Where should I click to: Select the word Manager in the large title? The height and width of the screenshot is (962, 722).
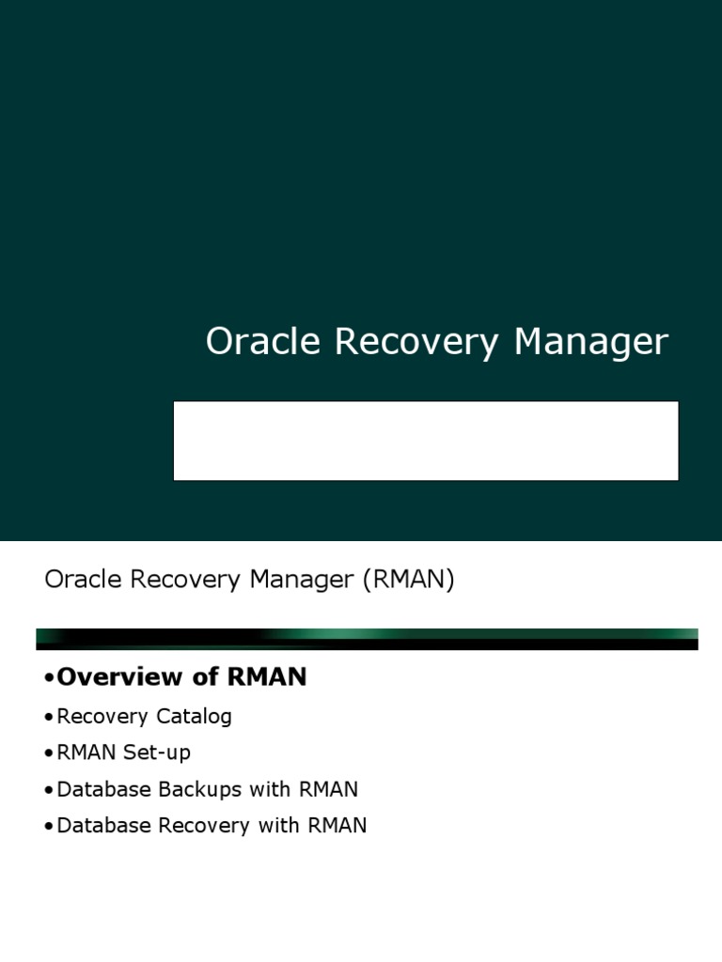590,342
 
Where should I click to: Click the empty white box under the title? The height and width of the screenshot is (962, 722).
426,441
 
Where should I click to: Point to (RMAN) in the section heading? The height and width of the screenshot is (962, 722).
407,580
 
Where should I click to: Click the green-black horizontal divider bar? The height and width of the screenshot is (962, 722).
367,640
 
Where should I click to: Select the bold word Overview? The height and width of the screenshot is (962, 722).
119,677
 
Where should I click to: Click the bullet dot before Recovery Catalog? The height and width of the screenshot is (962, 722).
49,718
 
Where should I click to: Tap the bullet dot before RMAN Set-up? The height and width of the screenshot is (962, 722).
49,754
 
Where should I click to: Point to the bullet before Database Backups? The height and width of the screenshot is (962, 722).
49,791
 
